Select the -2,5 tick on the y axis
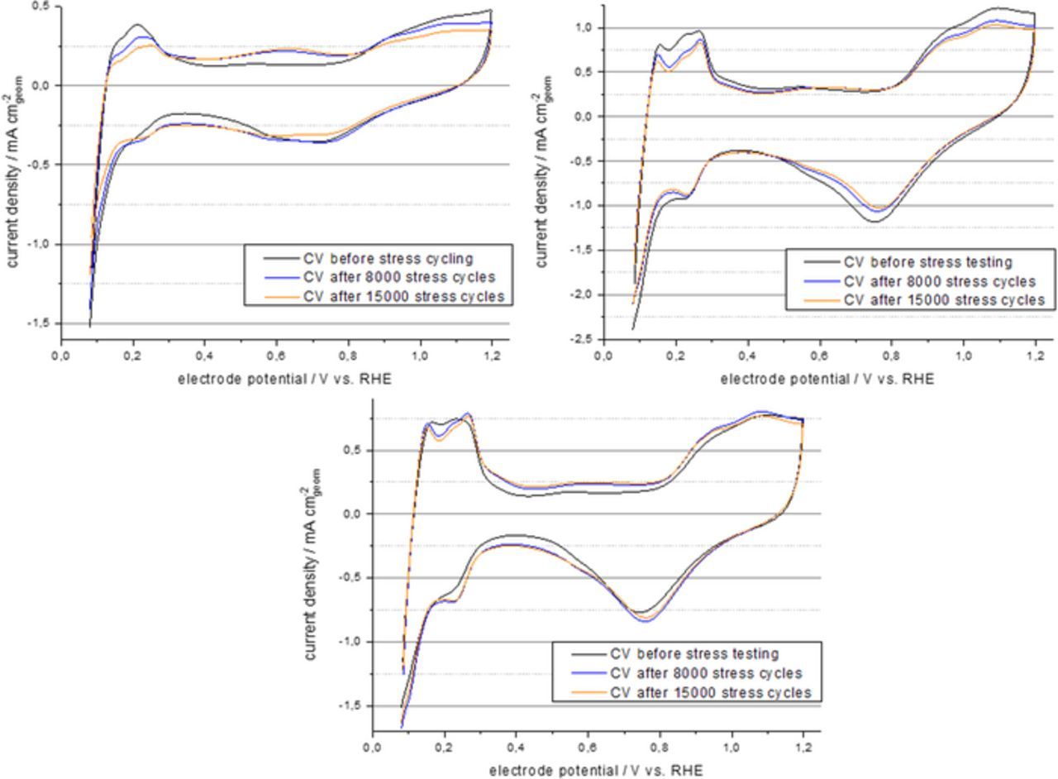point(584,339)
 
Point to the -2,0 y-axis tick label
point(584,294)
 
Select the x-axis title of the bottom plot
point(596,771)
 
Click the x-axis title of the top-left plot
point(284,379)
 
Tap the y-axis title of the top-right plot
point(543,172)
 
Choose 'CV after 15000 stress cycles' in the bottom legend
point(710,692)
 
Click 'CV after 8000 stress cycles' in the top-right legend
point(940,281)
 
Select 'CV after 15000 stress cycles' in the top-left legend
point(403,296)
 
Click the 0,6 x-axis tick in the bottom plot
point(588,748)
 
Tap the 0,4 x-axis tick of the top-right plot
point(747,356)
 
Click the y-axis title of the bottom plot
point(312,564)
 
